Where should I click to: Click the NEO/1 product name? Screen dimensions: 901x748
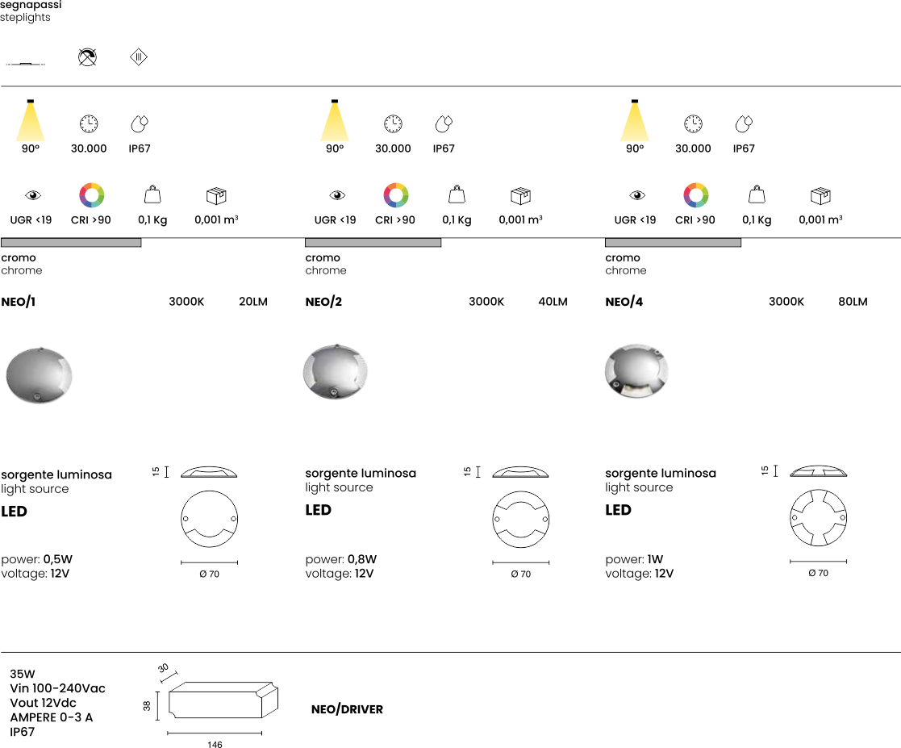click(19, 302)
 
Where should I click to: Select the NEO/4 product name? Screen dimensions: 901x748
click(624, 302)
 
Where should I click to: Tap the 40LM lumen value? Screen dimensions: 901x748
click(553, 302)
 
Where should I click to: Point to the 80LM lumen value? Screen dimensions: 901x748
click(853, 302)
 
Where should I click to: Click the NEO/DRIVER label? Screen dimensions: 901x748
click(347, 709)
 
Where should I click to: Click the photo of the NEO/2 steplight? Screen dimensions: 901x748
click(335, 371)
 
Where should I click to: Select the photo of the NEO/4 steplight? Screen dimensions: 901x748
click(636, 371)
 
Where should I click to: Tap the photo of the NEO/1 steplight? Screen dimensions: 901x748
click(39, 375)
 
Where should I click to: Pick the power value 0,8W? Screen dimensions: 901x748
click(362, 559)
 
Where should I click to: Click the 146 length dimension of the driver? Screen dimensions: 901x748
click(215, 745)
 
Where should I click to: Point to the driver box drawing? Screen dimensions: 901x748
click(223, 700)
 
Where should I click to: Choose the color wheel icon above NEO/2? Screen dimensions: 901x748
click(396, 195)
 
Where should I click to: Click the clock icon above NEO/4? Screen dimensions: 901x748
click(693, 123)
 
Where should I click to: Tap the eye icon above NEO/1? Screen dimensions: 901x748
click(33, 195)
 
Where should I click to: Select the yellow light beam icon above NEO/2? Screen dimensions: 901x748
click(335, 120)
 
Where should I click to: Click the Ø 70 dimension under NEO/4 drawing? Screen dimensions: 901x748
click(818, 573)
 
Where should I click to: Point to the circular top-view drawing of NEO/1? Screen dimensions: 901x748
click(209, 519)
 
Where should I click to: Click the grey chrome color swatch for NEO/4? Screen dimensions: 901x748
click(673, 243)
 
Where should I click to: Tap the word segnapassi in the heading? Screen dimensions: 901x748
click(31, 5)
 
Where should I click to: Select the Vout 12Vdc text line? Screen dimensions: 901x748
click(43, 703)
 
